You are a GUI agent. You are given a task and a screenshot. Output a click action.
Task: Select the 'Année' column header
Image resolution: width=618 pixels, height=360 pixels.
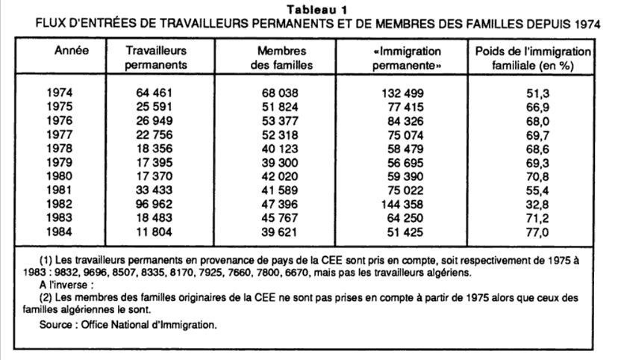coord(72,52)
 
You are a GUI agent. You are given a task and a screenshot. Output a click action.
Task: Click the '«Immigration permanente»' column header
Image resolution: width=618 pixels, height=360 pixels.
coord(405,58)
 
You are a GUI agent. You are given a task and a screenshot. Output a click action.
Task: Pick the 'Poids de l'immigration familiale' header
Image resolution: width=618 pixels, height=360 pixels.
coord(532,58)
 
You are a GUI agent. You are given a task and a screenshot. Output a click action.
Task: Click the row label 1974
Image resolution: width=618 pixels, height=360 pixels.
coord(60,93)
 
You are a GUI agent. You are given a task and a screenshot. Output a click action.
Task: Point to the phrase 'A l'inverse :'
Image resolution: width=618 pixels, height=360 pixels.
coord(67,285)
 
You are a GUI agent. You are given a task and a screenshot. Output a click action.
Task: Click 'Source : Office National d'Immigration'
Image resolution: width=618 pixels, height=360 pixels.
coord(128,325)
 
